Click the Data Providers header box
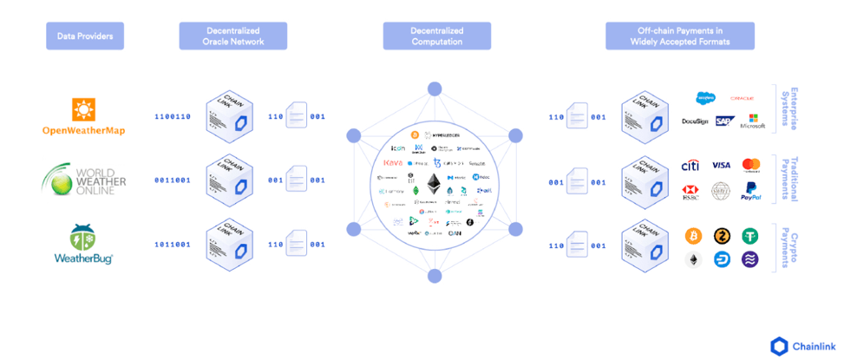click(85, 36)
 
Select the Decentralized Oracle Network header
click(232, 36)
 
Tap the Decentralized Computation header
click(436, 36)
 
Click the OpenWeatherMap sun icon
click(84, 110)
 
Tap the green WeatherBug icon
click(84, 238)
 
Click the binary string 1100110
click(173, 116)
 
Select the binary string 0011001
click(173, 180)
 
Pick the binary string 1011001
click(173, 245)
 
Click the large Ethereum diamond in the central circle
click(433, 183)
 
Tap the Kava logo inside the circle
click(392, 163)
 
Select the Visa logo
click(721, 165)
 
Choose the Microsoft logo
click(751, 121)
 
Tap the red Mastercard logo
click(751, 165)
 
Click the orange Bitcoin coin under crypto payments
click(692, 236)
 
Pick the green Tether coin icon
click(750, 236)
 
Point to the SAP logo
click(722, 121)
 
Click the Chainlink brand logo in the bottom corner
click(801, 346)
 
